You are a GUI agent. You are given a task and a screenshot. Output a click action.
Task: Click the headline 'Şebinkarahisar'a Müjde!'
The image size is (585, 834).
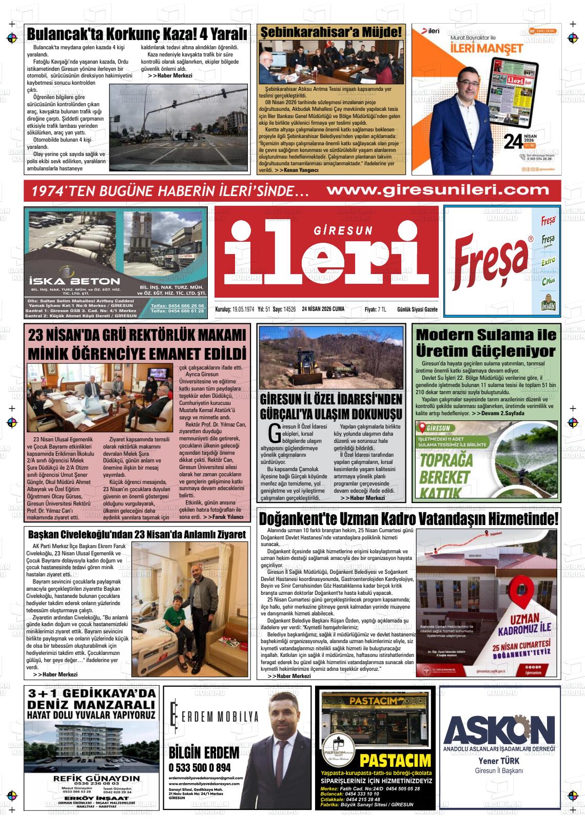point(331,32)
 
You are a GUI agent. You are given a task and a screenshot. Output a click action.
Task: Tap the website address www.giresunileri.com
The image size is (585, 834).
point(438,190)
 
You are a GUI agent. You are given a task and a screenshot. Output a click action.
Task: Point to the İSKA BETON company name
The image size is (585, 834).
point(74,281)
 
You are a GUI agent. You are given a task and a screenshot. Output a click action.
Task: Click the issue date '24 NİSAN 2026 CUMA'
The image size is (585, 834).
point(323,309)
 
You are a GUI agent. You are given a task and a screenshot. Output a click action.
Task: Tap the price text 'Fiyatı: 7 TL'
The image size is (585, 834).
point(375,309)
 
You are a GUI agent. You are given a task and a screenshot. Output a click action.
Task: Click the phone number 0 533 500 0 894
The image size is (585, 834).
point(200,768)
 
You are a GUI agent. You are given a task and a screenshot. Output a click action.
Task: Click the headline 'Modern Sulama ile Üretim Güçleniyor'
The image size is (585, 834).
point(485,343)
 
